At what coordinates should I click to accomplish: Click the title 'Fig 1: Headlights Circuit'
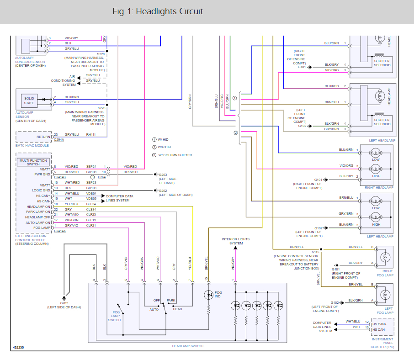[x=158, y=11]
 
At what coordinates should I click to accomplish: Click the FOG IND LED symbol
[x=208, y=295]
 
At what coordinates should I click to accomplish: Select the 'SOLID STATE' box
[x=29, y=101]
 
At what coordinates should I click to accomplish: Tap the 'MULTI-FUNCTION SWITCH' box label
[x=33, y=162]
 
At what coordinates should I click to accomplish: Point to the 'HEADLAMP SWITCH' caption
[x=188, y=346]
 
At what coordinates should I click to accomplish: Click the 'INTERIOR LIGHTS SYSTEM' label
[x=235, y=241]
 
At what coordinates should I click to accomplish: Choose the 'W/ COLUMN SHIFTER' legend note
[x=175, y=155]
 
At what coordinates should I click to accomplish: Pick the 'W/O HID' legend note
[x=164, y=147]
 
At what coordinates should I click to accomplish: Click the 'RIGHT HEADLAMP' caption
[x=379, y=188]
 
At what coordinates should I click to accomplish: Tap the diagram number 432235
[x=18, y=347]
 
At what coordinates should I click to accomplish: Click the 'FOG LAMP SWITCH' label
[x=115, y=316]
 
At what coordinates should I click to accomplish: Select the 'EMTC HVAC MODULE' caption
[x=32, y=145]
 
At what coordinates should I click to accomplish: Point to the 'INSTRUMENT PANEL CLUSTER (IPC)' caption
[x=382, y=343]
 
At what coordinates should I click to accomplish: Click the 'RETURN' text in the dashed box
[x=43, y=137]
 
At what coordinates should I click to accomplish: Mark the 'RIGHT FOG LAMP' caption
[x=385, y=273]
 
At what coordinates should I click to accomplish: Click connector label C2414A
[x=60, y=231]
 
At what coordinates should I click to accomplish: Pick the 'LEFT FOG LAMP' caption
[x=385, y=311]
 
